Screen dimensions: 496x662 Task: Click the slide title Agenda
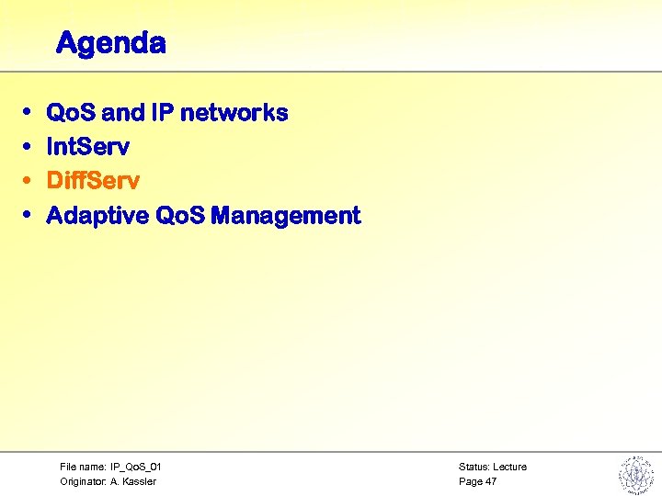pos(110,43)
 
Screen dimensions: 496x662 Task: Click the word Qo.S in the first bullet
pos(72,113)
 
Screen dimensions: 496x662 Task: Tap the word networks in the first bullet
pos(234,113)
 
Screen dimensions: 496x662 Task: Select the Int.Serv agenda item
pos(87,147)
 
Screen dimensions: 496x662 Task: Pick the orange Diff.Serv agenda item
pos(93,181)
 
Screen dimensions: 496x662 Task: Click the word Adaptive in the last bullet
pos(97,216)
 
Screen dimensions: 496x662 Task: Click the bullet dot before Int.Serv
pos(28,147)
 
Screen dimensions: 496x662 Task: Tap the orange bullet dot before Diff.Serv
pos(28,181)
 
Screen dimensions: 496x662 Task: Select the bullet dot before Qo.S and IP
pos(28,113)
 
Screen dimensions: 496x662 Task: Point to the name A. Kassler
pos(134,481)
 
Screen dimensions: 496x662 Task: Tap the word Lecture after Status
pos(510,467)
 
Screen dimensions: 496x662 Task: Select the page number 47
pos(491,481)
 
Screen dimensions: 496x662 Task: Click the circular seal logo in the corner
pos(634,474)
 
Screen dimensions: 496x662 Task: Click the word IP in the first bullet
pos(163,113)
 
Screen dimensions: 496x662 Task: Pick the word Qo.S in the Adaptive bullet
pos(180,216)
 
